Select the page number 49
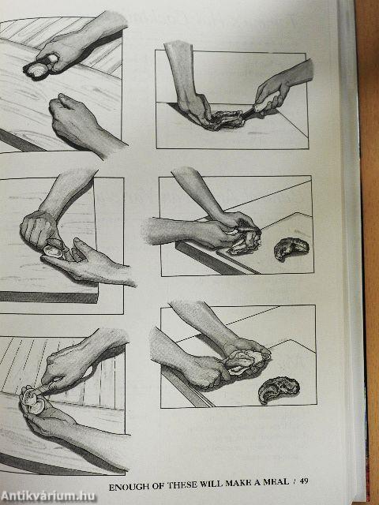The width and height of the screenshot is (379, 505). click(304, 481)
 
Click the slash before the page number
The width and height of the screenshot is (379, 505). click(294, 482)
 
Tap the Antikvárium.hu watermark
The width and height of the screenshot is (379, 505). click(48, 496)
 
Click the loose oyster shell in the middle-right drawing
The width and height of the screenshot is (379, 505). click(291, 248)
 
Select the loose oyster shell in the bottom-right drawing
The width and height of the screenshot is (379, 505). click(279, 390)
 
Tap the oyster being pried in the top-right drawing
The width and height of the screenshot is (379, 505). click(228, 119)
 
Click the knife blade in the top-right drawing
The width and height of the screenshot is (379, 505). click(249, 113)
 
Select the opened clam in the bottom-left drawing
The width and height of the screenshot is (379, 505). click(33, 400)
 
